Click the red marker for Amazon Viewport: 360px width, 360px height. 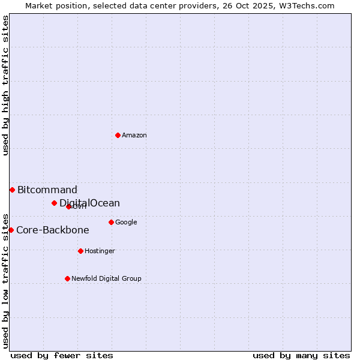coord(118,135)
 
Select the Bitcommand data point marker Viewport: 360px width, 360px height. coord(12,190)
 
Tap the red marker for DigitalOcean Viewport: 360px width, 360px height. coord(54,203)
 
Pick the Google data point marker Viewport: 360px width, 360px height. coord(111,222)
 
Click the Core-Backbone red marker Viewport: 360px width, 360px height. coord(11,230)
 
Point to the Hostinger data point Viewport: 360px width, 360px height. coord(80,251)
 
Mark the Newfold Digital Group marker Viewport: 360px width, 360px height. coord(67,278)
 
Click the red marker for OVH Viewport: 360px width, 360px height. coord(68,206)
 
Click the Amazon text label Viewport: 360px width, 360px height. coord(134,136)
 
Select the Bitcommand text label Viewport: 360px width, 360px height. coord(47,190)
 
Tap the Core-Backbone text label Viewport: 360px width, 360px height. coord(53,230)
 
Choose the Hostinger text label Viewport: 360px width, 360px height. coord(100,251)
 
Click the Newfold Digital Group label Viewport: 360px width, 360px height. coord(106,279)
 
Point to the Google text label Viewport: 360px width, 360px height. coord(126,223)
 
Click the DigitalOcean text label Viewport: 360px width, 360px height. coord(90,203)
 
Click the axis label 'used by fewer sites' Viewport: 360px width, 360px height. coord(62,356)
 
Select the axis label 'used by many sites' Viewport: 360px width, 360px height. coord(301,356)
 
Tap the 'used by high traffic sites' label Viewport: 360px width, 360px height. coord(6,85)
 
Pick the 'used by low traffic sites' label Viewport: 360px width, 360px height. coord(6,280)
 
